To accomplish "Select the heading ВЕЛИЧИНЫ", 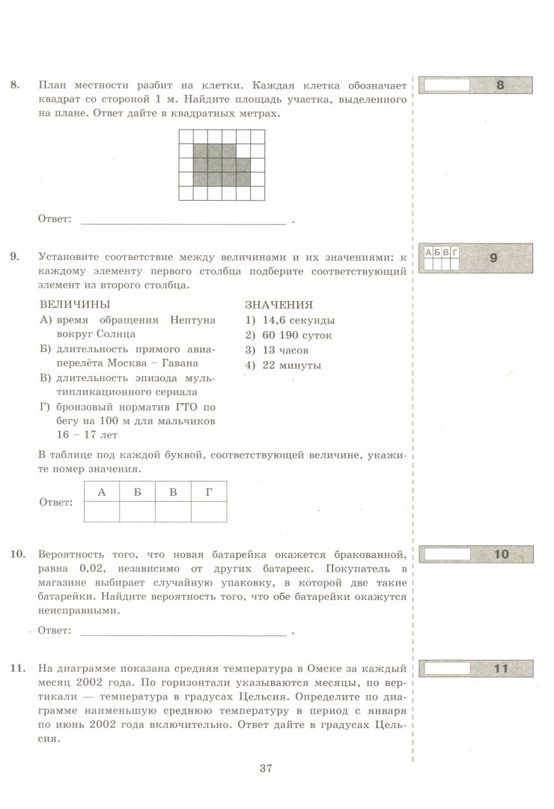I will pos(73,305).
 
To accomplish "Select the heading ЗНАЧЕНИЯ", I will pos(279,305).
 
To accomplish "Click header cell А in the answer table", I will pos(102,491).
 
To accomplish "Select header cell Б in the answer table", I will pos(138,491).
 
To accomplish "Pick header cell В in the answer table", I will pos(174,491).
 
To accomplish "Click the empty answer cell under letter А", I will pos(102,511).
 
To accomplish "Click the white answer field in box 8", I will pos(447,85).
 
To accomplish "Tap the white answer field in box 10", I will pos(447,554).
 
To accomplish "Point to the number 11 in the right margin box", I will pos(502,668).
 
